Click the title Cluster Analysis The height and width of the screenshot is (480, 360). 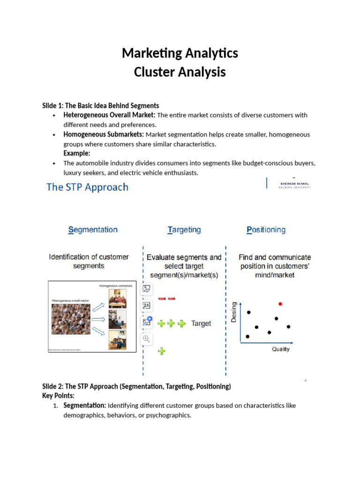180,72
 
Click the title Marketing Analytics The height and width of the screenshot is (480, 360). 180,53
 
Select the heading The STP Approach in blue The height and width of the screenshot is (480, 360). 87,187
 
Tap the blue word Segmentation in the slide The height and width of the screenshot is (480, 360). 93,230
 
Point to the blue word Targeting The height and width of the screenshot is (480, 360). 184,230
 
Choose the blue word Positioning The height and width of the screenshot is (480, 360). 266,230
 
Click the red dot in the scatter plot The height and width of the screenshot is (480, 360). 280,304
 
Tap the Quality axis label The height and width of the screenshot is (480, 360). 281,349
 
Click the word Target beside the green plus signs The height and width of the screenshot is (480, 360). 201,323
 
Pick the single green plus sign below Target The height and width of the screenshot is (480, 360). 162,351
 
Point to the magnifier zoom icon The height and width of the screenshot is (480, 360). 146,338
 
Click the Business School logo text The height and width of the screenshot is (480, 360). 295,185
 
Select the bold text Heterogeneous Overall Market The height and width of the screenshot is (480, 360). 109,115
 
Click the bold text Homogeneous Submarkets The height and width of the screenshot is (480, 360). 104,135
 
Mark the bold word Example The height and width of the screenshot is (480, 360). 77,153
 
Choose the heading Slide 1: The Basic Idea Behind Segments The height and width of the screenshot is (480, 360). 100,105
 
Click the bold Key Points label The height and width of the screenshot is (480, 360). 58,396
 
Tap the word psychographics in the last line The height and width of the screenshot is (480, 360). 168,415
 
